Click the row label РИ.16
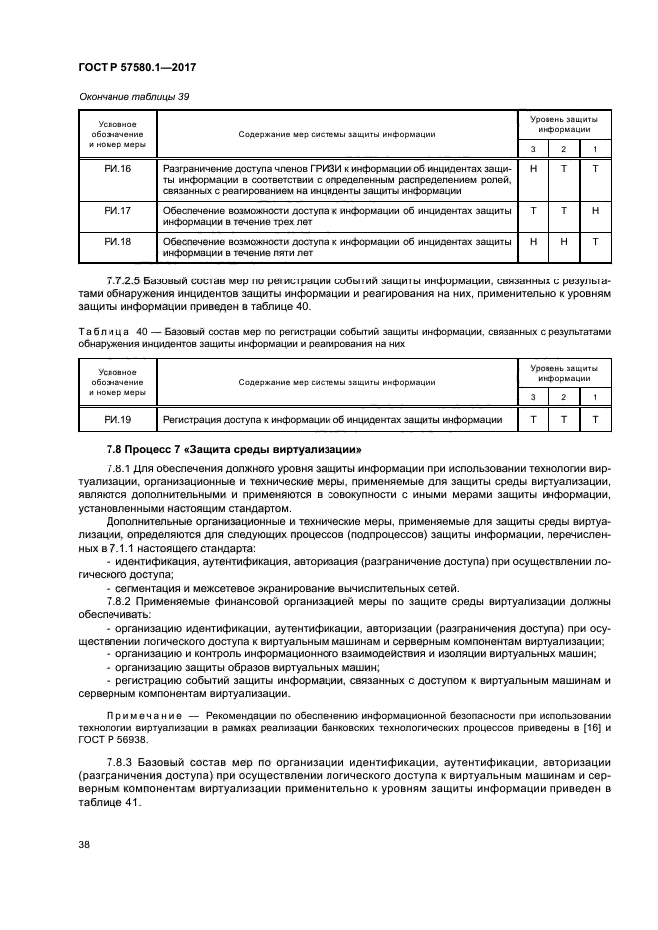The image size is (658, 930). click(x=117, y=169)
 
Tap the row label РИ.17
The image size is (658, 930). click(x=117, y=211)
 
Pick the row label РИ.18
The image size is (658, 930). click(x=117, y=241)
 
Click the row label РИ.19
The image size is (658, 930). click(x=117, y=420)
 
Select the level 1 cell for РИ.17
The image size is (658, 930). click(x=594, y=211)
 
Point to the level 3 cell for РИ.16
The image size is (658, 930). click(x=534, y=169)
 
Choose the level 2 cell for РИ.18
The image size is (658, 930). click(x=564, y=241)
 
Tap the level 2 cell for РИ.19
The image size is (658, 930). click(x=564, y=420)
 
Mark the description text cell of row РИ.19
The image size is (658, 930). click(x=332, y=420)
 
